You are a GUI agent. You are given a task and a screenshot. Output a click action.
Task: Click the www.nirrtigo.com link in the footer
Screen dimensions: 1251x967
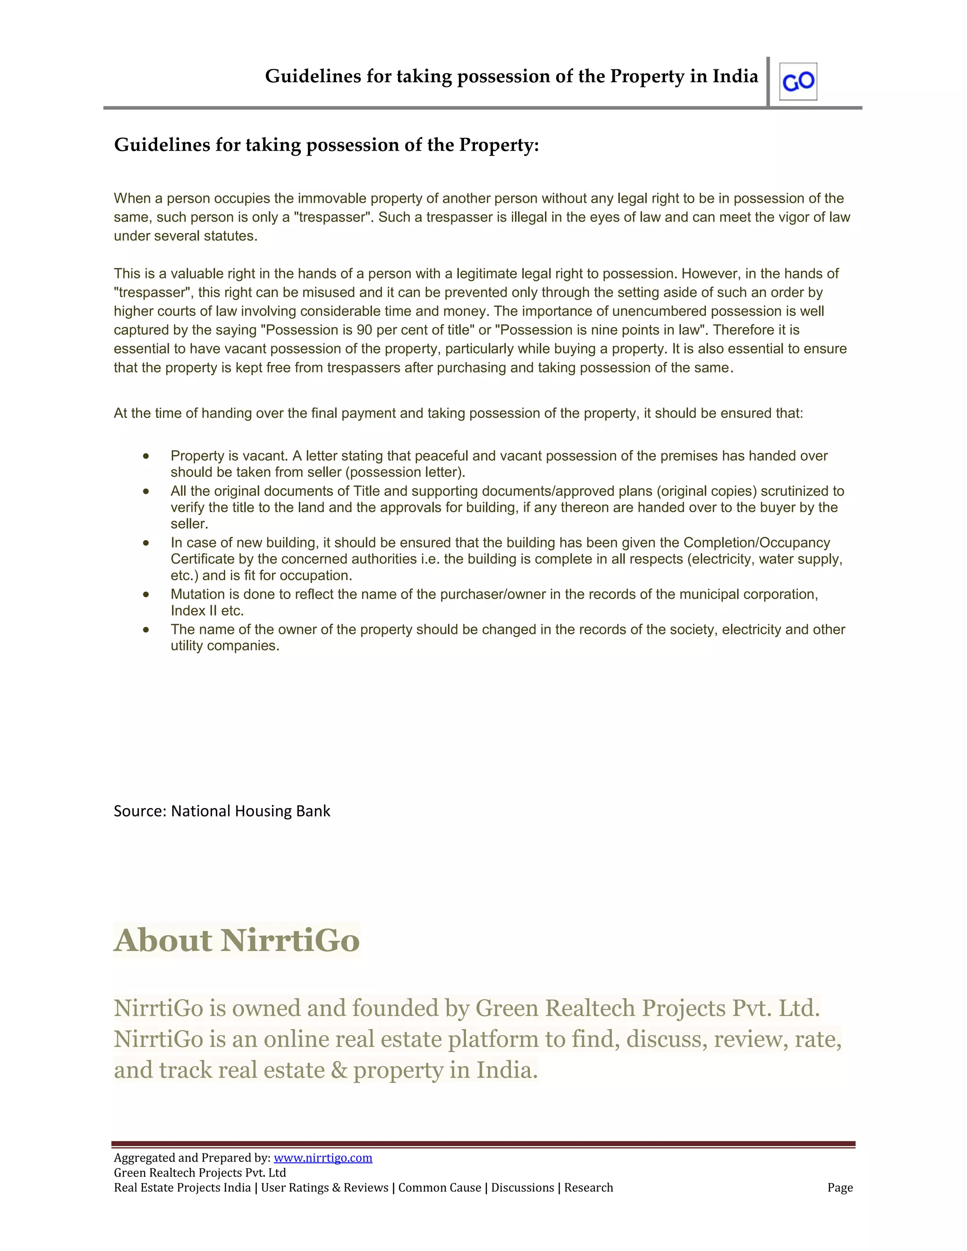coord(322,1158)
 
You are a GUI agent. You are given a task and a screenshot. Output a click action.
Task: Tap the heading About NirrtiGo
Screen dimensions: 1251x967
coord(237,940)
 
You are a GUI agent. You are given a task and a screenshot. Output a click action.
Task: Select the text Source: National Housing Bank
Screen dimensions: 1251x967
coord(222,811)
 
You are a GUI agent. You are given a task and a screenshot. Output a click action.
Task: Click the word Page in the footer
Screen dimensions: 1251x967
coord(840,1187)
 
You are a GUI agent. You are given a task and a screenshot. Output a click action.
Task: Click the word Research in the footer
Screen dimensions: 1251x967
coord(588,1187)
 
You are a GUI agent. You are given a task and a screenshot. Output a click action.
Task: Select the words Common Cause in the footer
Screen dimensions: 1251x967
coord(440,1187)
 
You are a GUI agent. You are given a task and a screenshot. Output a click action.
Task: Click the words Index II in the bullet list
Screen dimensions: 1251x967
coord(194,610)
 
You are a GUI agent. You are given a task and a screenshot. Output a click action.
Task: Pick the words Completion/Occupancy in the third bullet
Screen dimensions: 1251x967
coord(756,542)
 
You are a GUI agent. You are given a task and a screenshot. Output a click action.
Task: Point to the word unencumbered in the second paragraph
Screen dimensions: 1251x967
coord(658,311)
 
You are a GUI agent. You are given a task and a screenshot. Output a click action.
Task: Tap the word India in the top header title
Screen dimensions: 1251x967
coord(735,76)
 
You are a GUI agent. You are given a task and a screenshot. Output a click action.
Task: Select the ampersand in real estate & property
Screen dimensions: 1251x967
coord(339,1070)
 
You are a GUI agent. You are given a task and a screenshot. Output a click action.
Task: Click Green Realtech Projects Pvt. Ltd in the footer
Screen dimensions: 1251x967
coord(199,1173)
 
